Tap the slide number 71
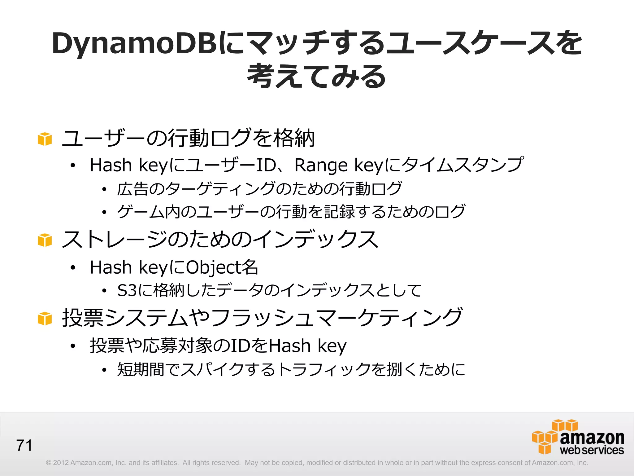click(24, 445)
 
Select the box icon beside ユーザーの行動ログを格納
click(45, 139)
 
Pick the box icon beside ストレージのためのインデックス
click(45, 240)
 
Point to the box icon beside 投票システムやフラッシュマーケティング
click(45, 319)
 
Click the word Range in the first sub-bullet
click(321, 165)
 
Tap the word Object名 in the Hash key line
click(222, 267)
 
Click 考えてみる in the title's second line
click(316, 76)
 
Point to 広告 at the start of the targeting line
click(132, 189)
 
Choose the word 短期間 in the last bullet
click(141, 369)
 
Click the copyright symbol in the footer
click(48, 463)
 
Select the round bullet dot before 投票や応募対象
click(73, 346)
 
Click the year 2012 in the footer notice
click(61, 463)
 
